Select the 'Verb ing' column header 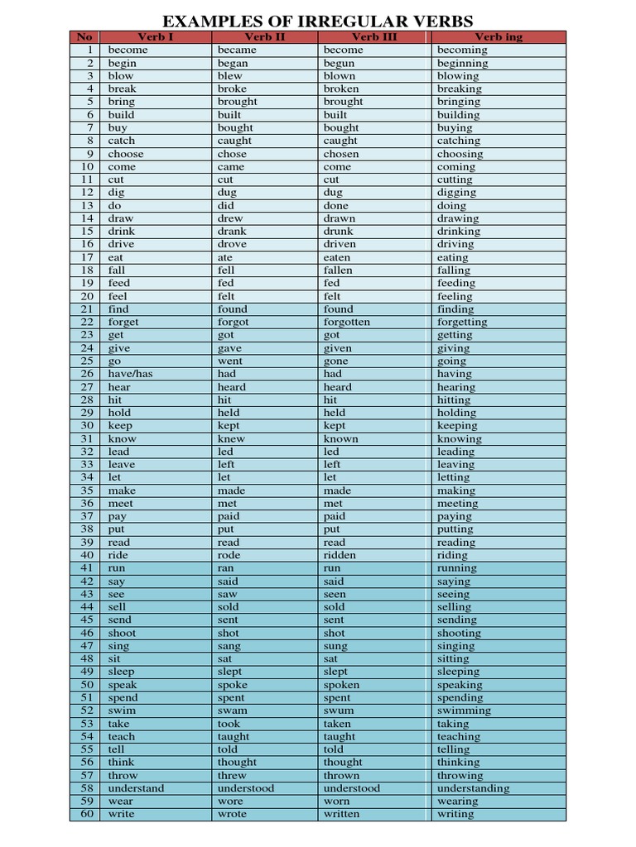499,37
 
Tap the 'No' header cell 85,37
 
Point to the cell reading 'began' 233,63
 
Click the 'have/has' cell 130,374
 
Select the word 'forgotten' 347,322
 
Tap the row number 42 87,581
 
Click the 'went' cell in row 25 230,361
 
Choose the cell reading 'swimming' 464,711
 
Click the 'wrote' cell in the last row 232,814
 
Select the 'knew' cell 232,438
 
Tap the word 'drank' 232,232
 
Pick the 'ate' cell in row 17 225,257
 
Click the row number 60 87,814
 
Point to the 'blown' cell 340,76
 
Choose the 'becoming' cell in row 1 462,50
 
